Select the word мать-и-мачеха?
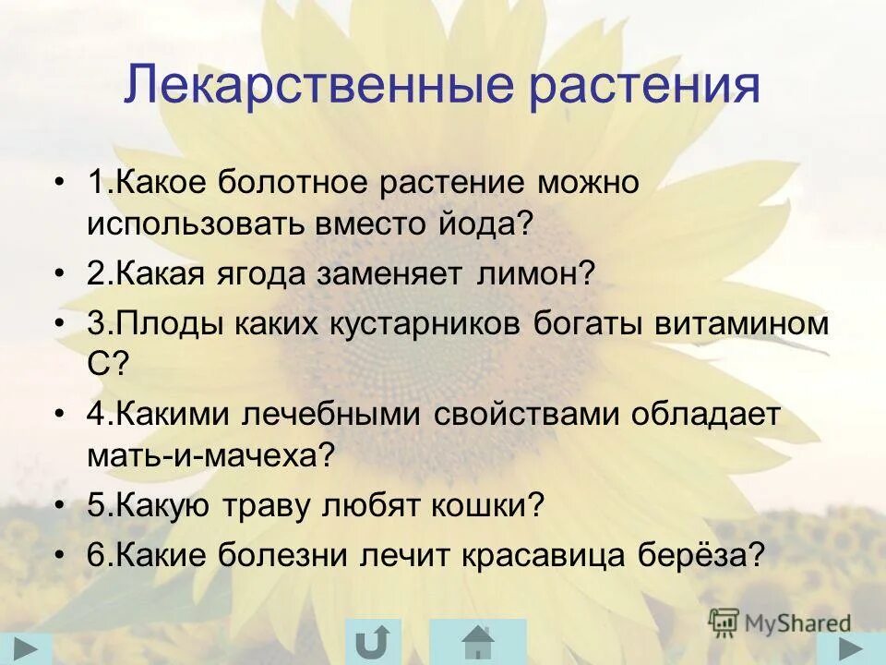(209, 456)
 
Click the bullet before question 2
(60, 274)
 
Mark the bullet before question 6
(60, 555)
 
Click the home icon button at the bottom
(478, 642)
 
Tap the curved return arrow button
(373, 642)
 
